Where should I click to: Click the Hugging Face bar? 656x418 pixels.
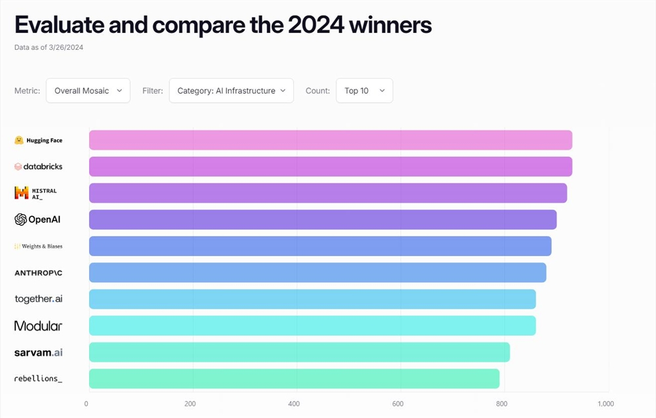(x=331, y=140)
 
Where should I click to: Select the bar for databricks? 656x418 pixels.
(x=331, y=167)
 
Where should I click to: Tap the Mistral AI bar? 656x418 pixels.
(x=328, y=193)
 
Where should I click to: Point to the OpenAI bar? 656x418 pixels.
(x=323, y=220)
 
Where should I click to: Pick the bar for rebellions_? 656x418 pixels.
(x=294, y=379)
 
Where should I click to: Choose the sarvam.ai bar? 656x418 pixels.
(x=299, y=352)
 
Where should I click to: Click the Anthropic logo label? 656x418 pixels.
(x=39, y=272)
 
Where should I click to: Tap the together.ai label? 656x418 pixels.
(x=39, y=299)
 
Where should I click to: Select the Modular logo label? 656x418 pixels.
(x=38, y=325)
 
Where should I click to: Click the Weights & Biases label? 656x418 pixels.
(x=39, y=246)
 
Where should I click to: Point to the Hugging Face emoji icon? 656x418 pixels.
(x=20, y=140)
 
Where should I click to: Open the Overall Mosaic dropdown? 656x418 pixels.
(x=88, y=91)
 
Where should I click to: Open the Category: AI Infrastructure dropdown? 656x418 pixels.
(x=231, y=91)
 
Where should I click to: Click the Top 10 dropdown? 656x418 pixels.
(x=364, y=91)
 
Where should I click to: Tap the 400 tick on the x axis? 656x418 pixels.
(x=295, y=404)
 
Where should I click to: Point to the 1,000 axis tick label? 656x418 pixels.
(x=605, y=404)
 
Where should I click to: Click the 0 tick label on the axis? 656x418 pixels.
(x=87, y=404)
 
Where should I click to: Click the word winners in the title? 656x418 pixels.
(x=390, y=25)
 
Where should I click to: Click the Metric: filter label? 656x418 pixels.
(x=27, y=91)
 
